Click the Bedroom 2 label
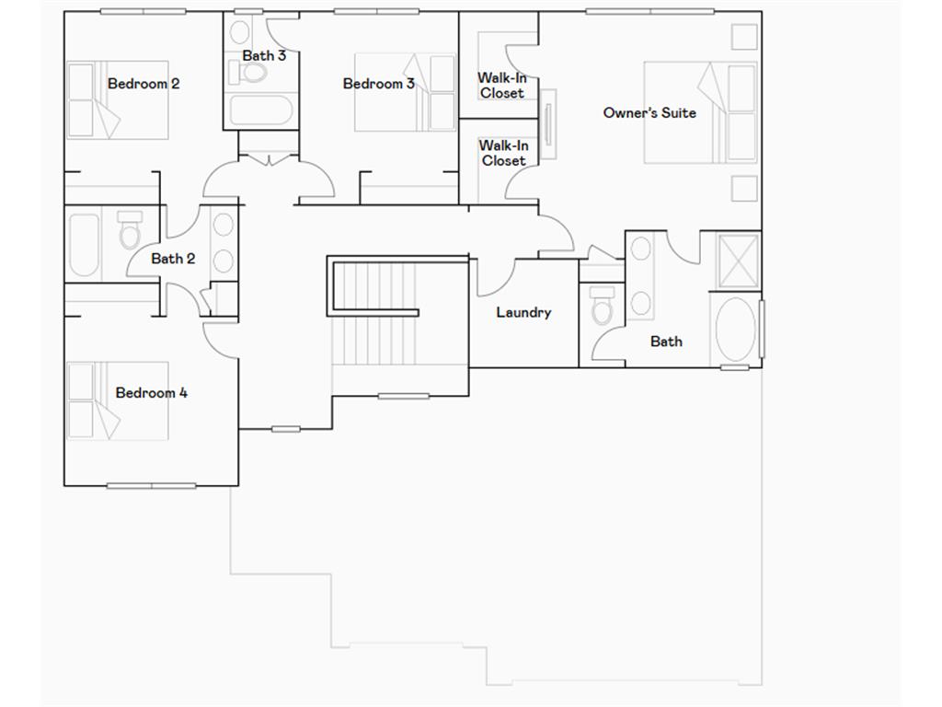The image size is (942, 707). click(x=144, y=84)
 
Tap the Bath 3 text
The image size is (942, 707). click(x=264, y=55)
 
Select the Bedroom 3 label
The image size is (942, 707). click(x=378, y=84)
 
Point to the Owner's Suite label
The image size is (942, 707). click(x=649, y=112)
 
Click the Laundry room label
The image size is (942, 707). click(x=523, y=312)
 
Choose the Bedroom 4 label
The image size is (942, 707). click(x=152, y=393)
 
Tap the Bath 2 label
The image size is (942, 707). click(x=173, y=259)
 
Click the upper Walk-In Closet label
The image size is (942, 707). click(x=501, y=86)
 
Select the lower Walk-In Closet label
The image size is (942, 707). click(x=503, y=153)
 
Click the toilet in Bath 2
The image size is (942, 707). click(x=130, y=231)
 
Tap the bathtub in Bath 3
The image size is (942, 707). click(x=260, y=110)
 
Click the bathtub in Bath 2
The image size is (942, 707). click(x=84, y=245)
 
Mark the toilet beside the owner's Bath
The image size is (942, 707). click(x=603, y=306)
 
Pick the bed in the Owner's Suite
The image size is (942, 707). click(x=700, y=112)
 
